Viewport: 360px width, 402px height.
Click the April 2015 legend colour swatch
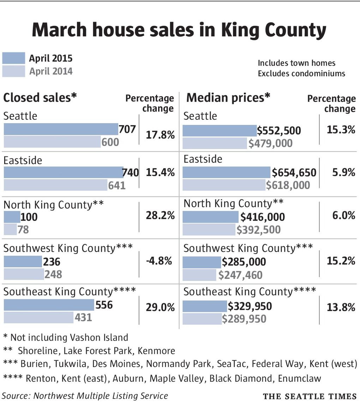pyautogui.click(x=14, y=58)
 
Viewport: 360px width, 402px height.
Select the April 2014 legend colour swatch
pyautogui.click(x=14, y=71)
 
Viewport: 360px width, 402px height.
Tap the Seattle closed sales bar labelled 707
pyautogui.click(x=61, y=129)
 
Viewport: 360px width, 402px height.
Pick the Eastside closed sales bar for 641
pyautogui.click(x=55, y=185)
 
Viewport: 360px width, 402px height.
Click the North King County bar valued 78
pyautogui.click(x=10, y=229)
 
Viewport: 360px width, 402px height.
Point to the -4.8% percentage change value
pyautogui.click(x=159, y=261)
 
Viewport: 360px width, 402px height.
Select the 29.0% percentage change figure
pyautogui.click(x=160, y=307)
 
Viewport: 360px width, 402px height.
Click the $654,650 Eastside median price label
pyautogui.click(x=294, y=173)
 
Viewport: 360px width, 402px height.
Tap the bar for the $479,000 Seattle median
pyautogui.click(x=215, y=143)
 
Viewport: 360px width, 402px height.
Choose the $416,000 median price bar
pyautogui.click(x=211, y=217)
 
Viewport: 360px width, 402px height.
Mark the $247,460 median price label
pyautogui.click(x=240, y=275)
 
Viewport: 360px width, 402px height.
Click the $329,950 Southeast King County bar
pyautogui.click(x=205, y=306)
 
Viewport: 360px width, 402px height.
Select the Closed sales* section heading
pyautogui.click(x=40, y=98)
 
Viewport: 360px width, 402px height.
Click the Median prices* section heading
pyautogui.click(x=228, y=98)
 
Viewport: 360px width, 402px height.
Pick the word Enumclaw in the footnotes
pyautogui.click(x=300, y=378)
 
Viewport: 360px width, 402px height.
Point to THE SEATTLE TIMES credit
pyautogui.click(x=310, y=396)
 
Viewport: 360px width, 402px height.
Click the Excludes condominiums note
pyautogui.click(x=301, y=74)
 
